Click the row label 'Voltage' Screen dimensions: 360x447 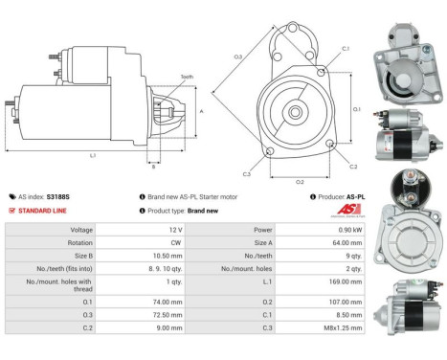(81, 230)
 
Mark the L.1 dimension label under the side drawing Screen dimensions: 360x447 (92, 156)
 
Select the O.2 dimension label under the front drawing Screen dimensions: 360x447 (299, 182)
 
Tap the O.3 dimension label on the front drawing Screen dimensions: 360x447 (237, 56)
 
